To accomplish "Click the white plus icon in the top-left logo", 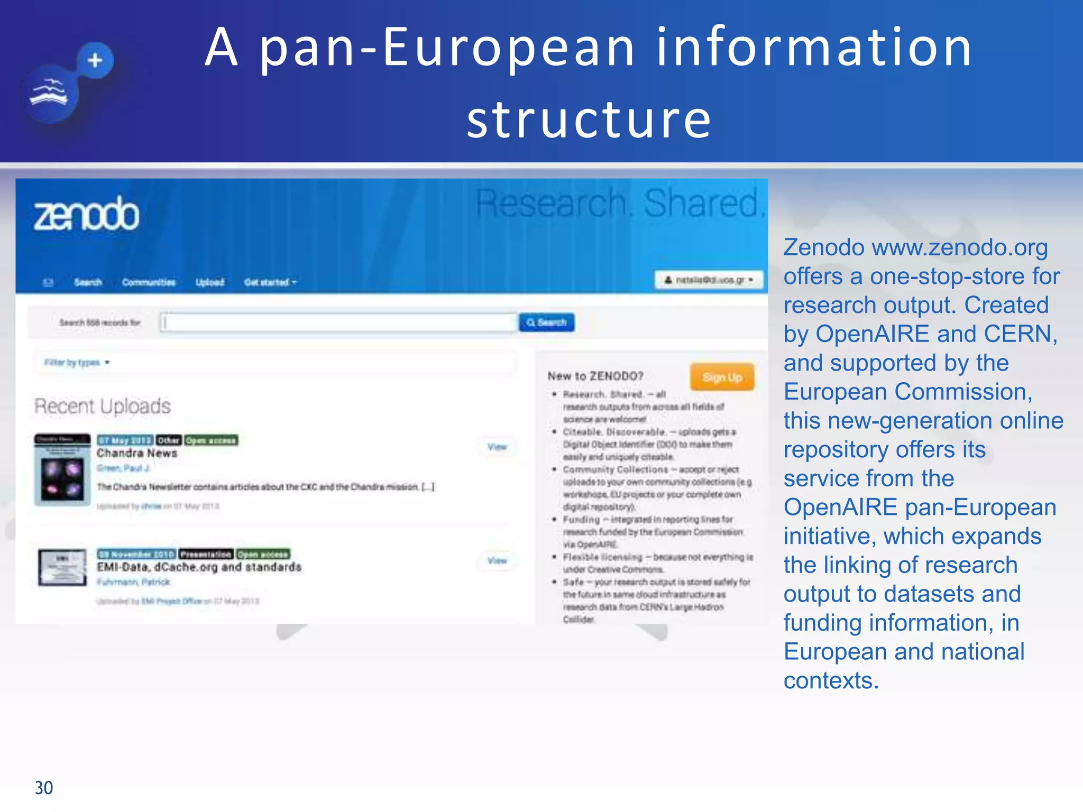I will tap(95, 60).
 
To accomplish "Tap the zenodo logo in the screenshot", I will tap(86, 214).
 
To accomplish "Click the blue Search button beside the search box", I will tap(546, 322).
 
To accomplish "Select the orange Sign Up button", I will tap(722, 377).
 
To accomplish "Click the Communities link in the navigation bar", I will tap(149, 282).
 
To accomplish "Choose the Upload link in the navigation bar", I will tap(210, 282).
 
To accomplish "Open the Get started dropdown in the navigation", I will tap(270, 282).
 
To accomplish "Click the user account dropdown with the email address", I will tap(709, 280).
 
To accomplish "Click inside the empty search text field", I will tap(338, 322).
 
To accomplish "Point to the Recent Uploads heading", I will tap(103, 406).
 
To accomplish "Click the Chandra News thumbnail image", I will tap(62, 469).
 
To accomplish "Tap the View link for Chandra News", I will tap(497, 447).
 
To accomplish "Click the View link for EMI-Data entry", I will tap(497, 560).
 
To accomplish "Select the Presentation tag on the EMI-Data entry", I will tap(206, 554).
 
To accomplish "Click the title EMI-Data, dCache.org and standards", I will tap(199, 567).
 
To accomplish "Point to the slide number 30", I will tap(44, 788).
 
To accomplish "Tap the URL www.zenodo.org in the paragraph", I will tap(959, 247).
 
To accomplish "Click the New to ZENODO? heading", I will tap(595, 376).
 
